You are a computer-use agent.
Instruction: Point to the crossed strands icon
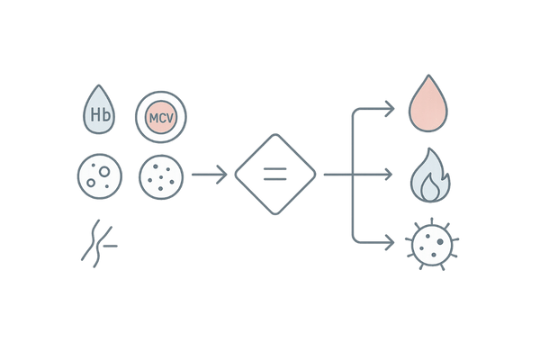pyautogui.click(x=97, y=240)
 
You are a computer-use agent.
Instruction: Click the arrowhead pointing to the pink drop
pyautogui.click(x=391, y=110)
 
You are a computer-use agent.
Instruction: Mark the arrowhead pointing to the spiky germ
pyautogui.click(x=391, y=241)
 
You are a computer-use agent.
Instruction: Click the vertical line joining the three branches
pyautogui.click(x=352, y=175)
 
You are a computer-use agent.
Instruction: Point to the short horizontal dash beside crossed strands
pyautogui.click(x=114, y=243)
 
